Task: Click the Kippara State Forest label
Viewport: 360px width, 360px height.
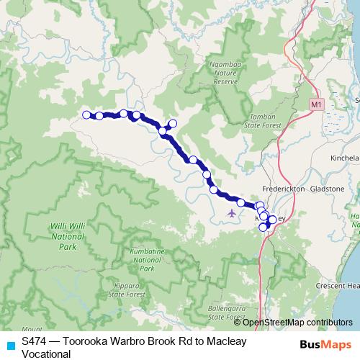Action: tap(124, 290)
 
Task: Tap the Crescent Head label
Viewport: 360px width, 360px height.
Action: tap(337, 285)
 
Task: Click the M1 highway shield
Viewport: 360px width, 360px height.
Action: tap(316, 104)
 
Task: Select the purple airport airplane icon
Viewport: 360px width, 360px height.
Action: tap(230, 212)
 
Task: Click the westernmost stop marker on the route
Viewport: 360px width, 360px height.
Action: tap(86, 114)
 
